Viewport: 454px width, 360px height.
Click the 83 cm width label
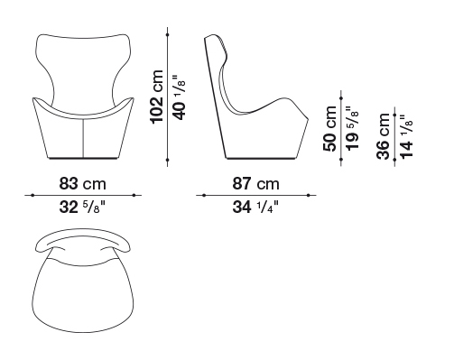point(82,183)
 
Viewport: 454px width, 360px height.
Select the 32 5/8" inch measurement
point(82,207)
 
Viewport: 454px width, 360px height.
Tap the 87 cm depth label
point(255,183)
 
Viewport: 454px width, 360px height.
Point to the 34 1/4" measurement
point(255,207)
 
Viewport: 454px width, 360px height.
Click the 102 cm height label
point(157,97)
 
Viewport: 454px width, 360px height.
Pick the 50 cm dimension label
point(329,129)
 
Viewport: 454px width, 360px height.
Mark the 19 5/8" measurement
point(352,128)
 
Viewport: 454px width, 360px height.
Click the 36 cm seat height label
point(384,136)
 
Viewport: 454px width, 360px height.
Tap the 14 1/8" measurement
point(406,136)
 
